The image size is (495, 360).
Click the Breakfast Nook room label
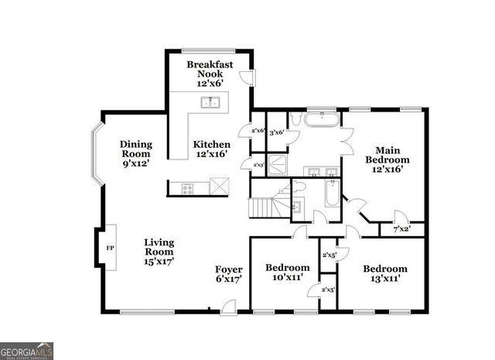[x=210, y=74]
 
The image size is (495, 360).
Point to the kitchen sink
[x=210, y=101]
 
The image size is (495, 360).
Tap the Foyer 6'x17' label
[x=229, y=274]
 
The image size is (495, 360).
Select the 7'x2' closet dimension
[x=401, y=229]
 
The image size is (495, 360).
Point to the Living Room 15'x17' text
[x=159, y=252]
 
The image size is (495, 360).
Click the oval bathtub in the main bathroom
[x=318, y=120]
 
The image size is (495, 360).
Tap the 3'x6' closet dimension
[x=276, y=132]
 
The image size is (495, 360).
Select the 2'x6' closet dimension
[x=258, y=131]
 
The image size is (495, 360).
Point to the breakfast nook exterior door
[x=245, y=76]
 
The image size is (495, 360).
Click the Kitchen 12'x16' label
[x=211, y=149]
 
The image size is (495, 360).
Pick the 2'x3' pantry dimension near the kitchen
[x=258, y=165]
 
